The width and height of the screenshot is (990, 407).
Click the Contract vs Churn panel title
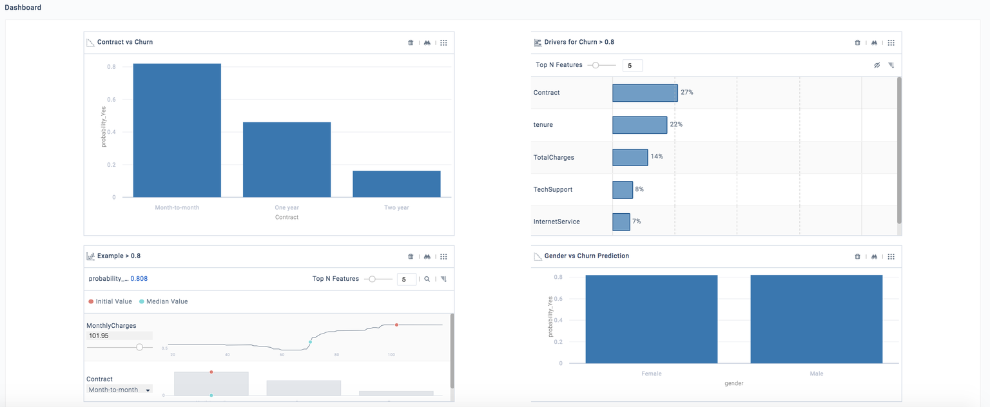tap(124, 43)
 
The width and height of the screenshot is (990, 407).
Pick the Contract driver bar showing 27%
tap(645, 93)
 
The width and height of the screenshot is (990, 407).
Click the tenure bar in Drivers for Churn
tap(639, 125)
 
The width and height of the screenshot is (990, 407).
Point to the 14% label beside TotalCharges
tap(656, 156)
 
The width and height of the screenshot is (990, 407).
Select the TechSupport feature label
tap(552, 189)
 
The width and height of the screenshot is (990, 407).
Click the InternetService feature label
tap(556, 222)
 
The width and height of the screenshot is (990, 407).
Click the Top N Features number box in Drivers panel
tap(632, 65)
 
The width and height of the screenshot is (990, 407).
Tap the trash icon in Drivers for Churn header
tap(857, 43)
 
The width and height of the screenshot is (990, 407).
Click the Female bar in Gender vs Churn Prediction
tap(651, 319)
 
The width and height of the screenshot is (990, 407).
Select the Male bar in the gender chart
tap(816, 319)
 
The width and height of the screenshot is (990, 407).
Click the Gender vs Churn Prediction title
tap(586, 256)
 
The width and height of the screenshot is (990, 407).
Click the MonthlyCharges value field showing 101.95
tap(119, 336)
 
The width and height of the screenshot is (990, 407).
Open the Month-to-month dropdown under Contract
tap(119, 390)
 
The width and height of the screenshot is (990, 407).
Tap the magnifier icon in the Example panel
tap(426, 279)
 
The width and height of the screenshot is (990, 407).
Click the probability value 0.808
tap(139, 279)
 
